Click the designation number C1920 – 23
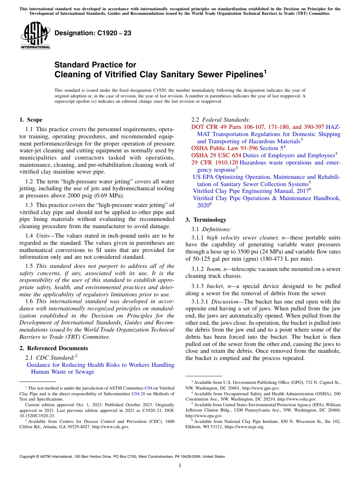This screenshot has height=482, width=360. pos(93,33)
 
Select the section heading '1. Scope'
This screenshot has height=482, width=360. pos(31,120)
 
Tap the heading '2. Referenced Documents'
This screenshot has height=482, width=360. pos(54,348)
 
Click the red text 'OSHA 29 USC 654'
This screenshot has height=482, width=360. pos(216,155)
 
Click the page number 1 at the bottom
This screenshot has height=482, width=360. pos(180,466)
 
